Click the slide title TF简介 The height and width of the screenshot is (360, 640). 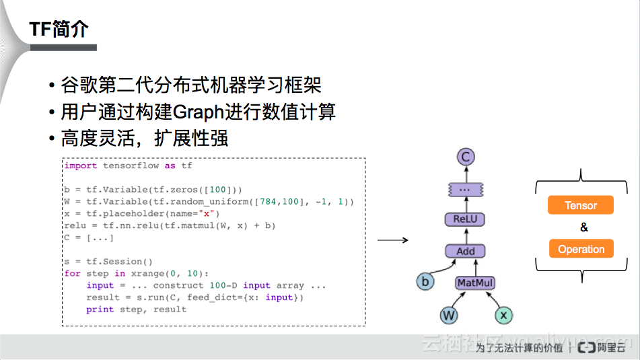coord(59,29)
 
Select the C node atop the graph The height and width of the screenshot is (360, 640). coord(466,157)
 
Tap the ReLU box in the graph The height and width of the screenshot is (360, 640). coord(465,219)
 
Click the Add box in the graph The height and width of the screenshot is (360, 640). coord(466,251)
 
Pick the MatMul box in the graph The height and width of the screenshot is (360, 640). coord(475,283)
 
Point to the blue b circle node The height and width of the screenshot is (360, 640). coord(425,282)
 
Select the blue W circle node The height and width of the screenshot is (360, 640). coord(448,315)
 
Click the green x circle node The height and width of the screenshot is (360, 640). coord(503,315)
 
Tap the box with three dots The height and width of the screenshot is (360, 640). coord(465,190)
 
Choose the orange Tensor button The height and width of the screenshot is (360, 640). coord(581,205)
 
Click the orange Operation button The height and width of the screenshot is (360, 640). coord(581,249)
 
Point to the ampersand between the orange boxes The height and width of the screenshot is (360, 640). coord(583,227)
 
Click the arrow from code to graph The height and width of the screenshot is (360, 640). coord(392,240)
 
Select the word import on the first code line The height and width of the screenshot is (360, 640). coord(81,166)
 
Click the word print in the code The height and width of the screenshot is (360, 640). coord(100,310)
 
